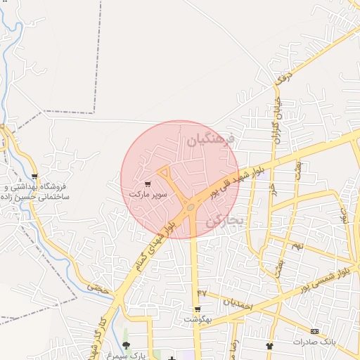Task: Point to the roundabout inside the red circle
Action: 191,207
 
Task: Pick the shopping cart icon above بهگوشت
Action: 198,309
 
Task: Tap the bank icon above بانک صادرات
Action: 314,331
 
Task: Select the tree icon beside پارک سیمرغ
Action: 126,345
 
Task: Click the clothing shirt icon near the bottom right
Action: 270,345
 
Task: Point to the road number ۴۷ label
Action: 202,292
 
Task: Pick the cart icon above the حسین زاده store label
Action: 34,176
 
